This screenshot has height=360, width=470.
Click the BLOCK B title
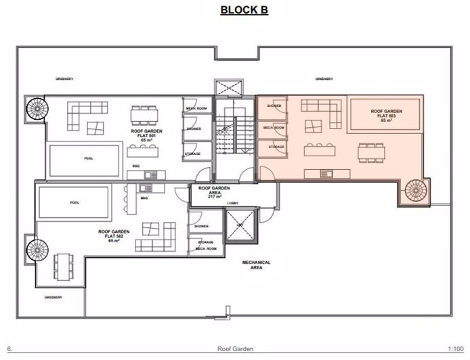(244, 10)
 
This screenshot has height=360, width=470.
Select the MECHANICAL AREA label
(257, 265)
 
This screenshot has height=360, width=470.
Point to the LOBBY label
(232, 202)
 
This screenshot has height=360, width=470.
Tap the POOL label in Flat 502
(74, 202)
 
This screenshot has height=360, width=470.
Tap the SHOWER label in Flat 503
(274, 106)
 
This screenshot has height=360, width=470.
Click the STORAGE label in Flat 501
(193, 154)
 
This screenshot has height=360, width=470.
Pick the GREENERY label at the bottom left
(54, 297)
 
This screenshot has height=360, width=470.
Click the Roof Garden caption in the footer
(235, 349)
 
